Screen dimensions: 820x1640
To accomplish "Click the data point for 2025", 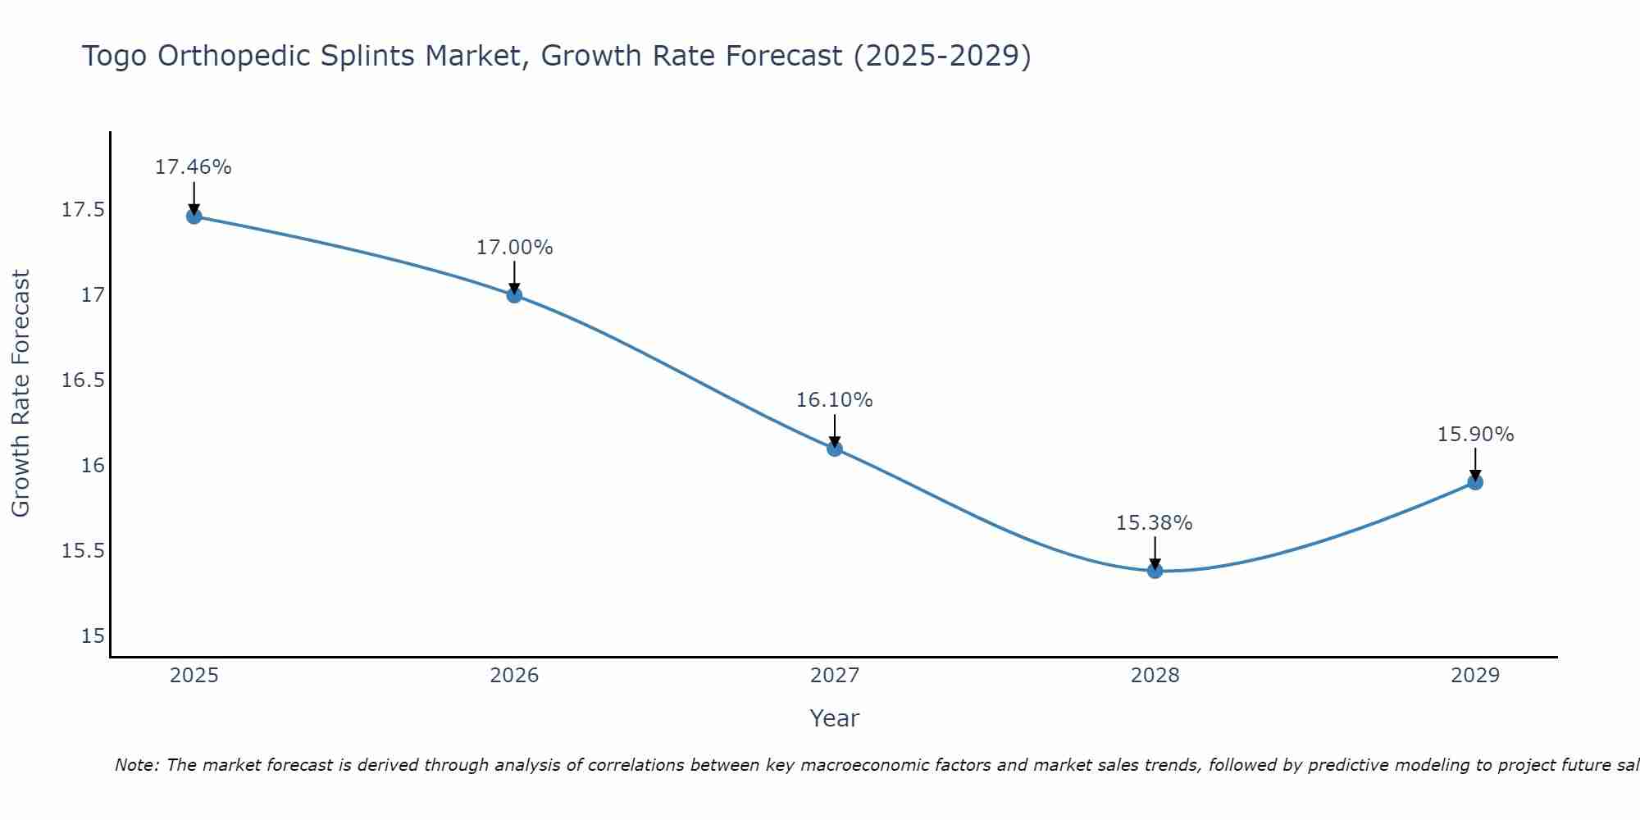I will click(x=194, y=216).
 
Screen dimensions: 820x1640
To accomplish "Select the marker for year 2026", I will click(x=514, y=295).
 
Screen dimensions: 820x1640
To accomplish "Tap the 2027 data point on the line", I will click(x=835, y=449).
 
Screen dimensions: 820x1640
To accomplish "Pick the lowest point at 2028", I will click(x=1155, y=571).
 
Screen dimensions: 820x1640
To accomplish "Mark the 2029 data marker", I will click(x=1475, y=482).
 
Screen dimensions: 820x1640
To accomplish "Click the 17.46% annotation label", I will click(x=194, y=167).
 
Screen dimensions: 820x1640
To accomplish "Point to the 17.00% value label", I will click(x=514, y=248).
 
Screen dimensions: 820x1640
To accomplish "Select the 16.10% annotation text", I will click(x=835, y=400).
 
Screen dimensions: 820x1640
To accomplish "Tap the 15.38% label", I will click(x=1155, y=523).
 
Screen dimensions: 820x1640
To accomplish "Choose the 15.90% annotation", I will click(x=1475, y=435).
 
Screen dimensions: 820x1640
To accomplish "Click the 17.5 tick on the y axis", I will click(x=83, y=211).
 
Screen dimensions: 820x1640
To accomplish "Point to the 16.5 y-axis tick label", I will click(x=83, y=380).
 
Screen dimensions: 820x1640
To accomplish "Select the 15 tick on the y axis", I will click(x=93, y=636).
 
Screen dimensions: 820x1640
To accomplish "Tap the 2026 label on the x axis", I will click(x=514, y=676).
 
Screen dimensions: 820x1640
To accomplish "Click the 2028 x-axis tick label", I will click(x=1155, y=676).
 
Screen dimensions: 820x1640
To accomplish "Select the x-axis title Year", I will click(x=834, y=718).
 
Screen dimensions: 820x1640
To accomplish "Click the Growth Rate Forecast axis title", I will click(x=20, y=394).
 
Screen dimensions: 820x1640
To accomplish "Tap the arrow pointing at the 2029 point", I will click(x=1475, y=464).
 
